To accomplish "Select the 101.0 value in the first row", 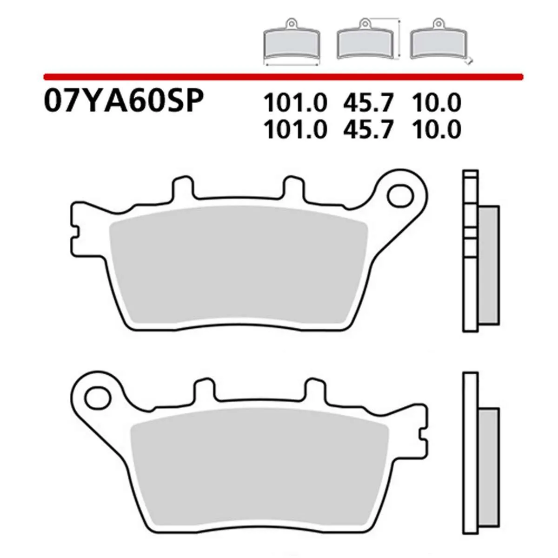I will [x=295, y=103].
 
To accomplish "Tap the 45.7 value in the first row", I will [x=369, y=103].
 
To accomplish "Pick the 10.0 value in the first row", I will [x=436, y=103].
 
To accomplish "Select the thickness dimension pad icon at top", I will [x=439, y=42].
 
